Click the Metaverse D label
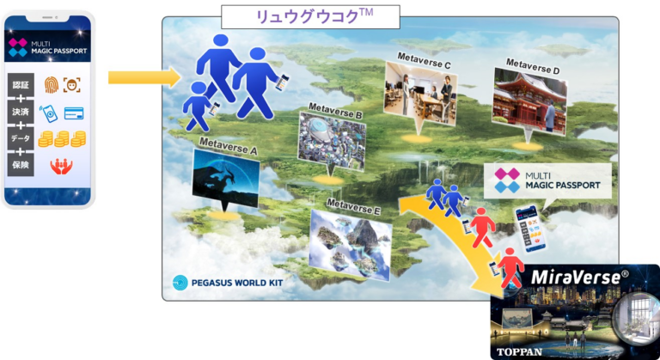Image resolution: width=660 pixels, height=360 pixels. pyautogui.click(x=533, y=63)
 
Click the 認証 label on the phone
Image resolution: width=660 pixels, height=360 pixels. pyautogui.click(x=20, y=85)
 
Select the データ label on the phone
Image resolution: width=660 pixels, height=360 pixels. pyautogui.click(x=20, y=138)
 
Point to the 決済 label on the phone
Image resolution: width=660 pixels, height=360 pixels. pyautogui.click(x=20, y=112)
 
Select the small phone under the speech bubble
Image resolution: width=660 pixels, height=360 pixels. pyautogui.click(x=527, y=225)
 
